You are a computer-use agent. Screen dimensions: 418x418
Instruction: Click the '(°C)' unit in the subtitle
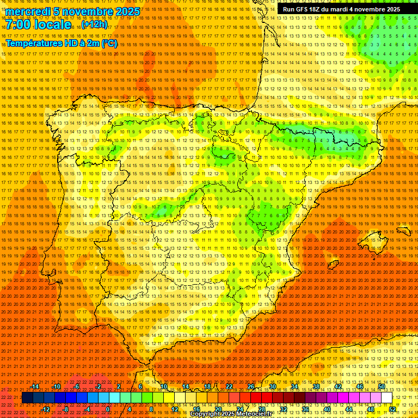[x=109, y=44]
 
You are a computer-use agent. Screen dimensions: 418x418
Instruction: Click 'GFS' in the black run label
[x=302, y=9]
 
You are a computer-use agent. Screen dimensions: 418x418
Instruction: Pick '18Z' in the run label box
[x=315, y=9]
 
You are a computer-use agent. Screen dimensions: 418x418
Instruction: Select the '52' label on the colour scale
[x=393, y=409]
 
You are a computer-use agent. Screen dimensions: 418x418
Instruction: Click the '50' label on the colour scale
[x=382, y=386]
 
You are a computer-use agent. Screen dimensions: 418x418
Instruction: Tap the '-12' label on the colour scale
[x=46, y=409]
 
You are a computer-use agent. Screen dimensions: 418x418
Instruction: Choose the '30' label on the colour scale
[x=272, y=386]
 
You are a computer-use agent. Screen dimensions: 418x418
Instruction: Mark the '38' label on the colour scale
[x=316, y=386]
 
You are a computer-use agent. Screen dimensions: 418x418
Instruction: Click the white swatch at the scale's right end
[x=387, y=398]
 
